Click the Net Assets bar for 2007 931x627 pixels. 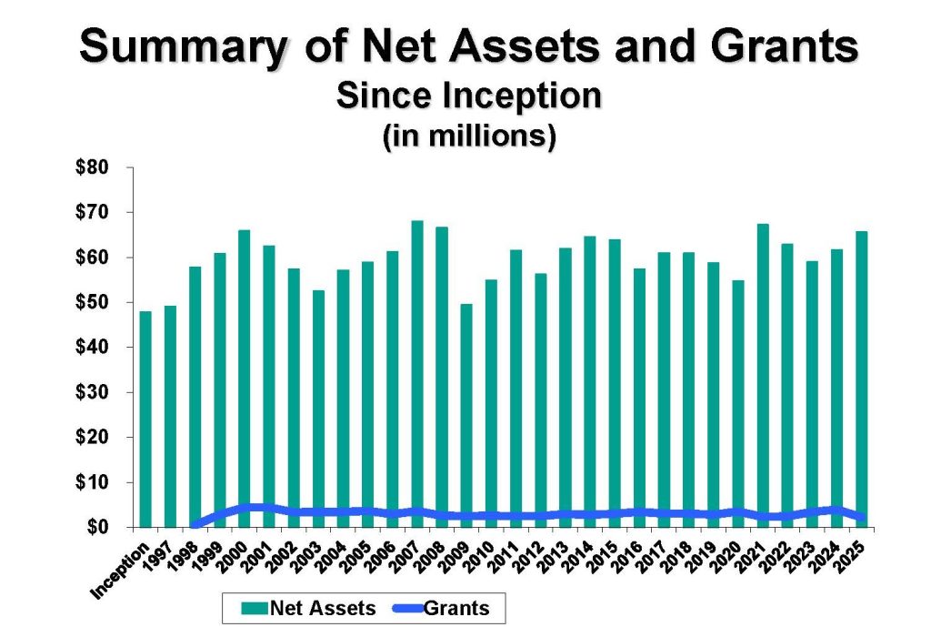(417, 373)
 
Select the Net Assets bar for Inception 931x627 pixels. (145, 419)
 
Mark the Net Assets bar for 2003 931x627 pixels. (318, 409)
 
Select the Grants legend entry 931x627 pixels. (448, 607)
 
